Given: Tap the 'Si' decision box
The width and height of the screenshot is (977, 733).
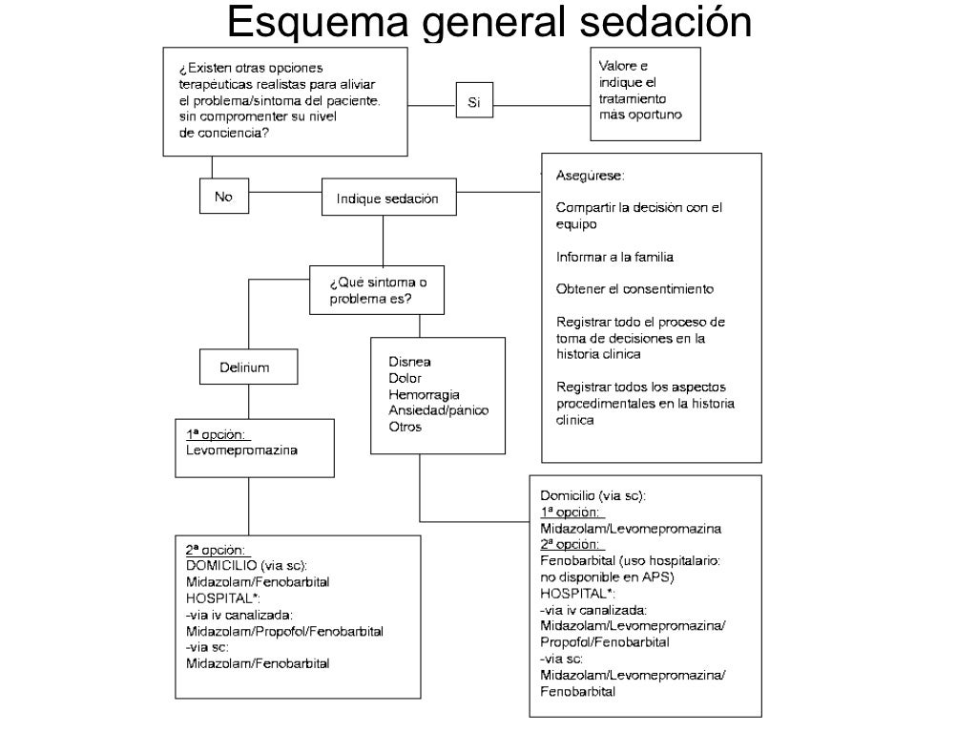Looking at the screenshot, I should tap(473, 101).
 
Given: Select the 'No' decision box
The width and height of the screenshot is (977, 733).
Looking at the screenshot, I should tap(223, 197).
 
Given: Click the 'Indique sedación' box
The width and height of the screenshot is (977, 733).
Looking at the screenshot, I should tap(387, 199).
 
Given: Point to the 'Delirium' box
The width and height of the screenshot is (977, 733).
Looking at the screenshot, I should tap(245, 367).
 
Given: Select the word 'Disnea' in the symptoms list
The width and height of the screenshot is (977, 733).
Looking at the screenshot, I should tap(409, 362).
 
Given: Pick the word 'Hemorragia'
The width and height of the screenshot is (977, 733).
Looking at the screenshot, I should tap(425, 394).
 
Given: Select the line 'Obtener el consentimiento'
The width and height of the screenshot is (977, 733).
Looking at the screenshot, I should tap(634, 288).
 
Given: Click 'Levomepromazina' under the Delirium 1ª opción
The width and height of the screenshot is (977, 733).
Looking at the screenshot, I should tap(241, 450).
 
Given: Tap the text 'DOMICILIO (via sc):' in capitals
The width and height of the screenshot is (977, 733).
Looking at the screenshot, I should tap(246, 565).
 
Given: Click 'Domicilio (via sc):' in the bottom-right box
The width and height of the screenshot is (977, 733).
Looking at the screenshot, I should tap(593, 495).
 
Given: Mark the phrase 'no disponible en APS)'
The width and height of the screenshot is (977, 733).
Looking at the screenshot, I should tap(606, 577).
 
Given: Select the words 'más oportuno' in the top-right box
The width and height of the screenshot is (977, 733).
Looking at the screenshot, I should tap(640, 115).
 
